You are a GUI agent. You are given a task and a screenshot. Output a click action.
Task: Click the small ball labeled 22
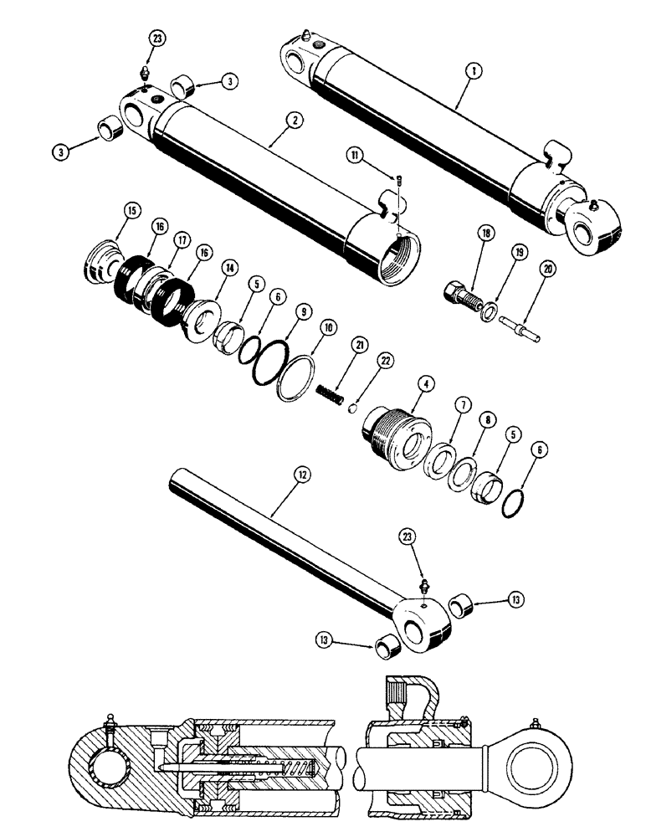353,408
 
